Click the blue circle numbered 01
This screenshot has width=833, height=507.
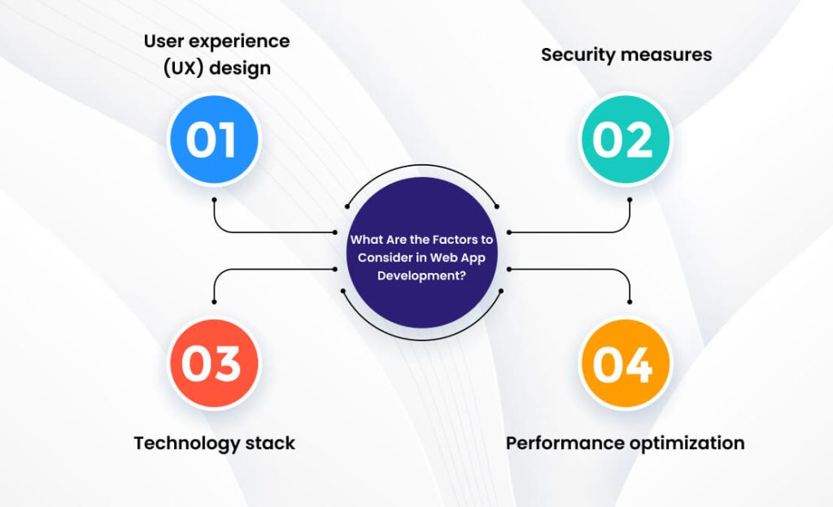[213, 140]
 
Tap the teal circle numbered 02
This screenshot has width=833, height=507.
[624, 140]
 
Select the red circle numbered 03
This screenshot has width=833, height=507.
[213, 363]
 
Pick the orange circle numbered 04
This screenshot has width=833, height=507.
[624, 363]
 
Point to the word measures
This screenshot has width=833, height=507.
[667, 54]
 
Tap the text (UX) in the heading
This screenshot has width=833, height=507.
[181, 67]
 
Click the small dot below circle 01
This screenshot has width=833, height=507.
[213, 197]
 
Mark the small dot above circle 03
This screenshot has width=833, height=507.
[213, 301]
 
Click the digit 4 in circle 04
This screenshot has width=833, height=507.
[639, 365]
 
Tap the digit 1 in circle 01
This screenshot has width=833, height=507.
[228, 141]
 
